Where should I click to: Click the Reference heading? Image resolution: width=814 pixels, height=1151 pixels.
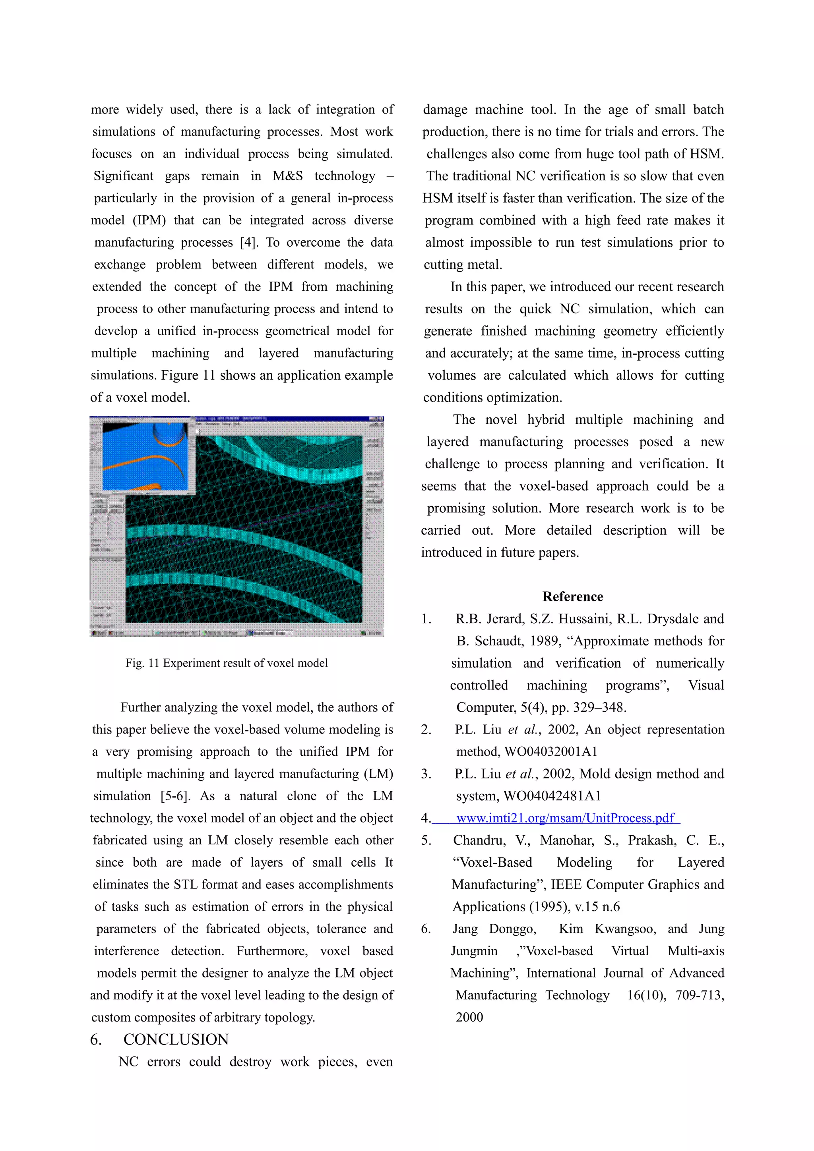[572, 597]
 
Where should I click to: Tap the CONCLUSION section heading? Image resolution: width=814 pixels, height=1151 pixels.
[176, 1039]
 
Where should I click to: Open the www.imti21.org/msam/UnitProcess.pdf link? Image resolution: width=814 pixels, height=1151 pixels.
[565, 818]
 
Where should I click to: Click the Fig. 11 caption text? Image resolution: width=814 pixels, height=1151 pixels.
[226, 663]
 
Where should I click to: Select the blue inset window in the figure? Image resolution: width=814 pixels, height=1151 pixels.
[145, 456]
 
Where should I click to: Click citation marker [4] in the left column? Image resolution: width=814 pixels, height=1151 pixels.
[248, 243]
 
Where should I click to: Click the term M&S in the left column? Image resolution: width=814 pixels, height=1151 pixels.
[288, 176]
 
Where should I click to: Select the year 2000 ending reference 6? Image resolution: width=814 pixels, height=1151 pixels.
[469, 1017]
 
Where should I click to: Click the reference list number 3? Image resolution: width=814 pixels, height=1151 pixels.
[426, 774]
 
